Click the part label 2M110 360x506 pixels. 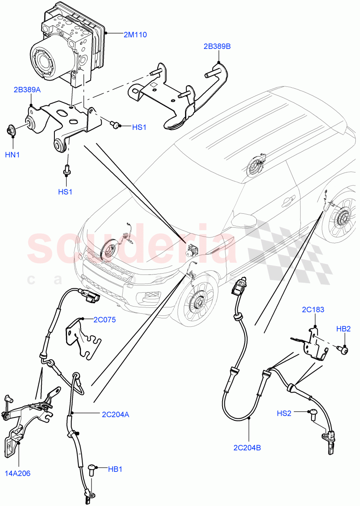pyautogui.click(x=135, y=35)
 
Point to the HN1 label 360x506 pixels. pyautogui.click(x=12, y=155)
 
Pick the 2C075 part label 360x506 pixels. pyautogui.click(x=104, y=320)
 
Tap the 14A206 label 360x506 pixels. pyautogui.click(x=18, y=473)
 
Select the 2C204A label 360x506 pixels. pyautogui.click(x=115, y=414)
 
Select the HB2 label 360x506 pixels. pyautogui.click(x=343, y=328)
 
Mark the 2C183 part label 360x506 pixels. pyautogui.click(x=313, y=310)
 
